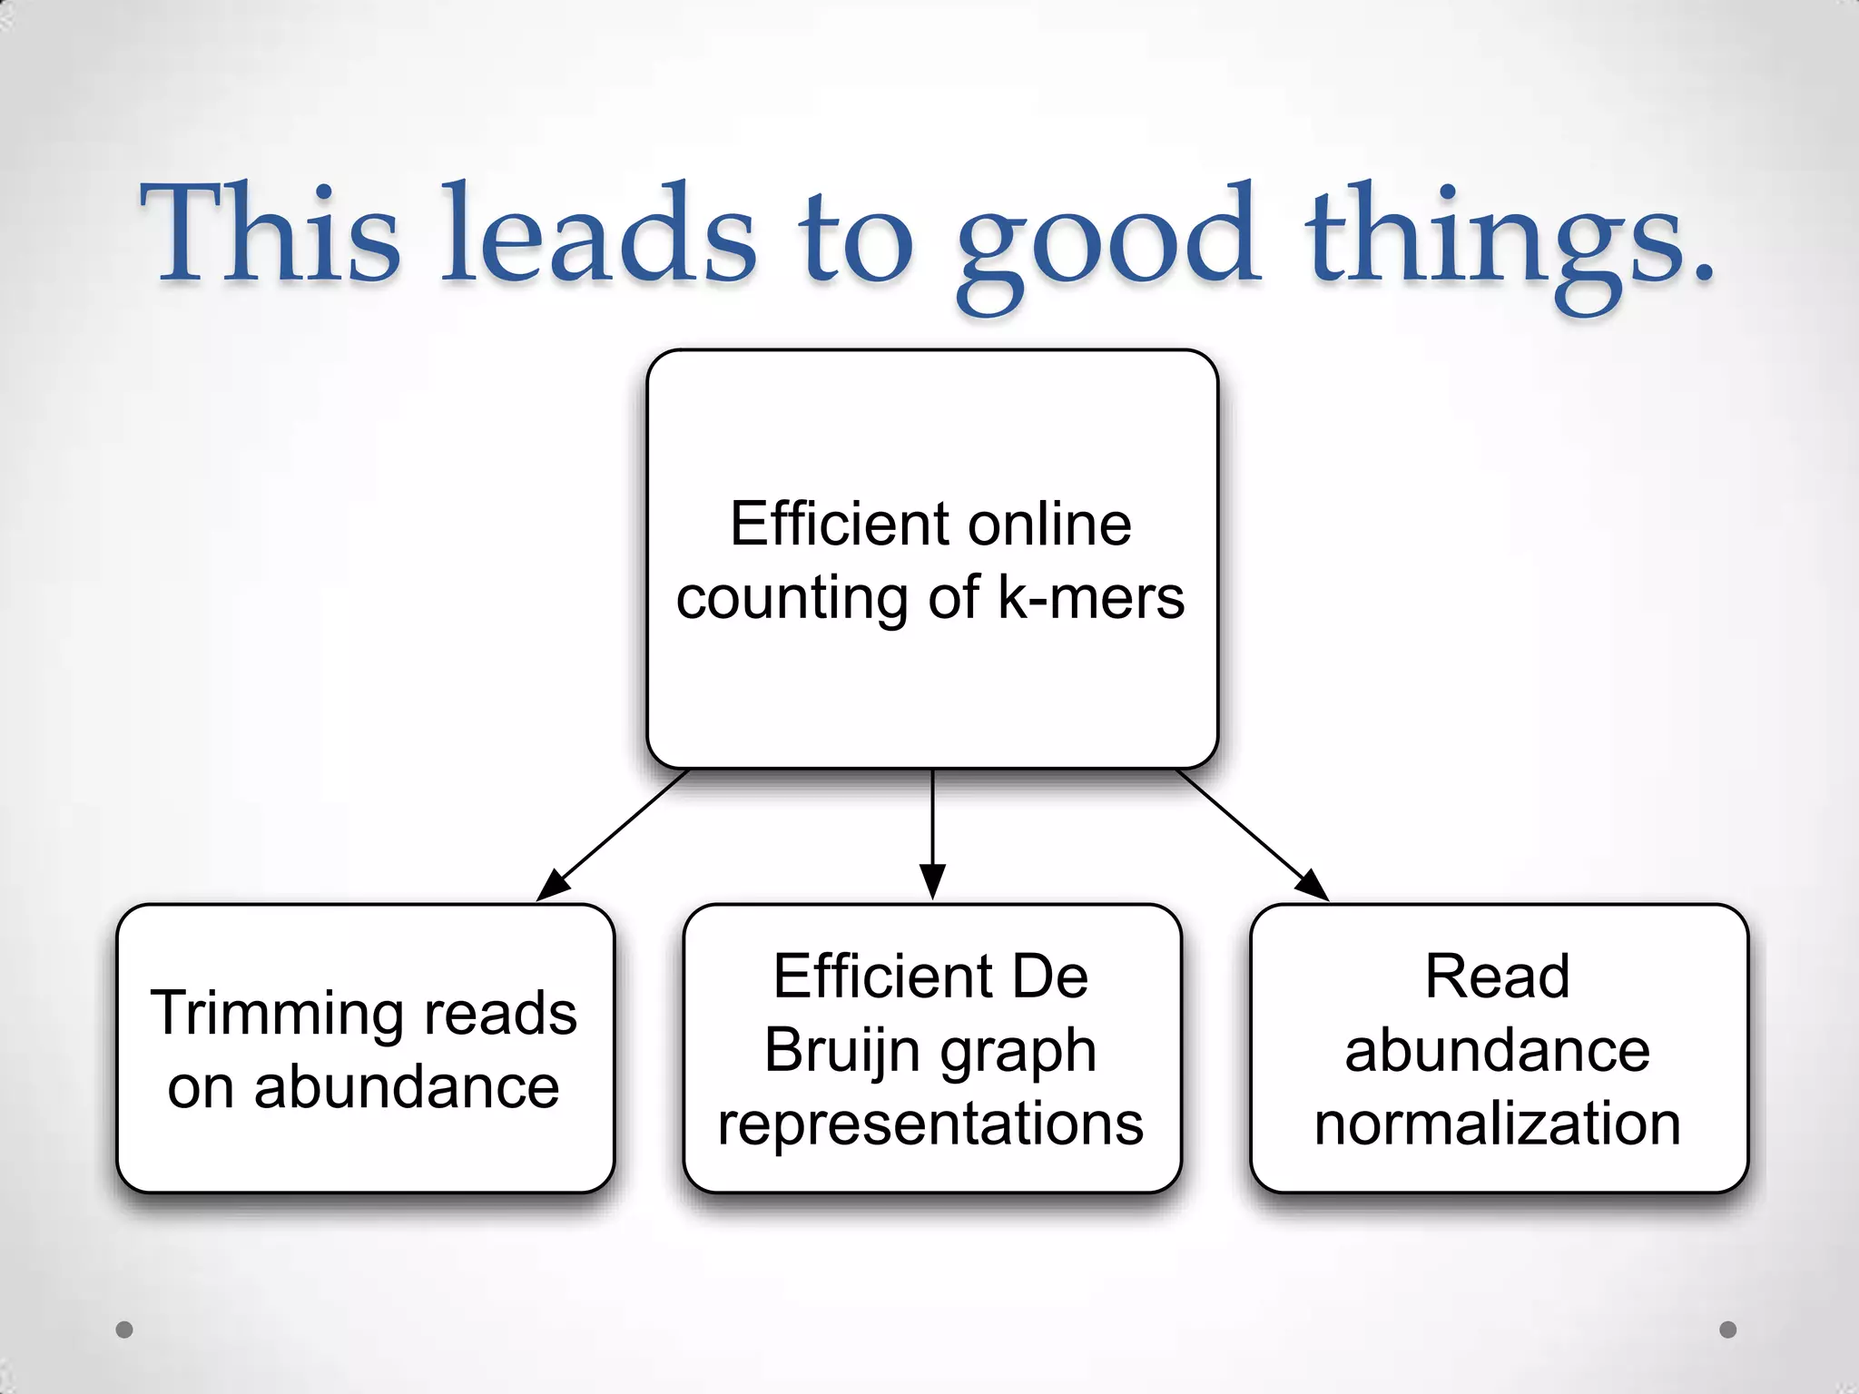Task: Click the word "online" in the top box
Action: (1048, 524)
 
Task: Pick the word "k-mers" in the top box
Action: (1091, 598)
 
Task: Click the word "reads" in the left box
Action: (500, 1013)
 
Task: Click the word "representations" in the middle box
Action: (930, 1124)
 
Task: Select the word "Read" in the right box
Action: (1497, 977)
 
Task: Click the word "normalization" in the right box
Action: (1497, 1124)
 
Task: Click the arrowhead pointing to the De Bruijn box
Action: (932, 882)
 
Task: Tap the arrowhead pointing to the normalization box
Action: (1313, 886)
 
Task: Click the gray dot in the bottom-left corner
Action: (124, 1330)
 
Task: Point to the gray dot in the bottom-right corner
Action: (1728, 1330)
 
